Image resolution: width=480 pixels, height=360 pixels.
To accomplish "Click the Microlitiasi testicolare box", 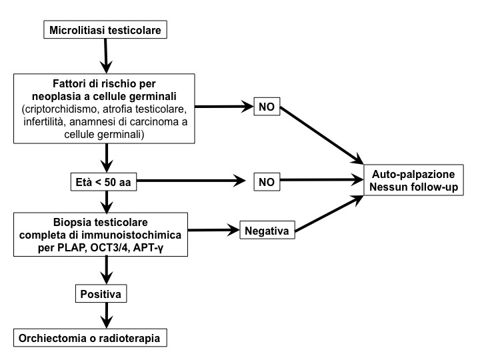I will [105, 30].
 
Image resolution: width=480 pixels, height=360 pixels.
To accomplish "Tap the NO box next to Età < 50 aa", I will [267, 181].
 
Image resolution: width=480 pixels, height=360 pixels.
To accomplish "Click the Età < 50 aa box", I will [105, 181].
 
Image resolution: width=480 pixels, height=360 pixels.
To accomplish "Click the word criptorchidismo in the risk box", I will [65, 107].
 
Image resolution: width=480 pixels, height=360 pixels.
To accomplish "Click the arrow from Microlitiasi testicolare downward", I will [105, 55].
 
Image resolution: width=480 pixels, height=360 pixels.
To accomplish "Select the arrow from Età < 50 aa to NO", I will [190, 181].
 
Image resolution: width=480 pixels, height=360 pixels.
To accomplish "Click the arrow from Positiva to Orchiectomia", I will [105, 314].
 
